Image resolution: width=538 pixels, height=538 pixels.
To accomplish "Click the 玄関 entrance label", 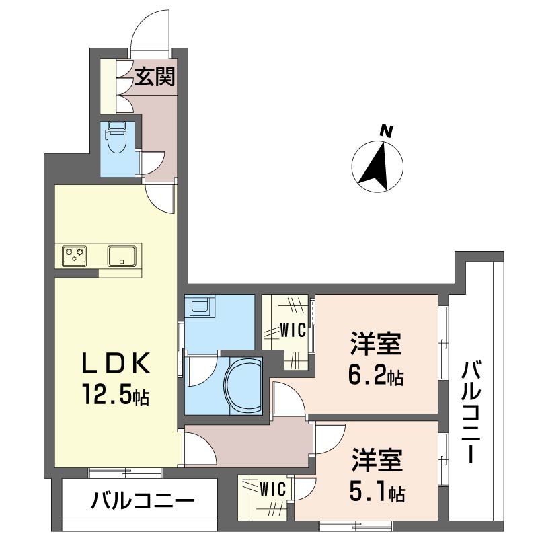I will tap(155, 77).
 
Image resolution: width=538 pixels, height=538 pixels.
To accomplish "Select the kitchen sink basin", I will tap(122, 256).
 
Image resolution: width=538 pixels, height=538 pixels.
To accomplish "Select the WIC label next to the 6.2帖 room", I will tap(293, 331).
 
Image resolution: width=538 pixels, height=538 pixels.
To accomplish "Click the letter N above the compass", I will tap(386, 130).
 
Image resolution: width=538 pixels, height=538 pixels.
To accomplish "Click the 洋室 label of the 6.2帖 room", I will tap(375, 344).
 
